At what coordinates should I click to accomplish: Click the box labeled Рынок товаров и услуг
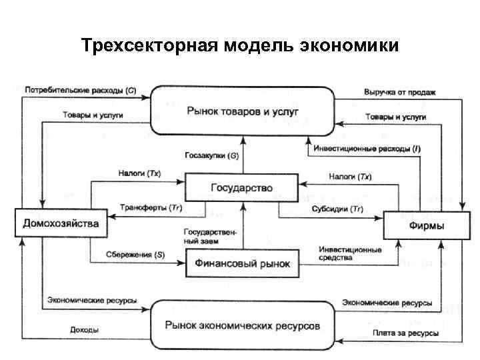pyautogui.click(x=243, y=110)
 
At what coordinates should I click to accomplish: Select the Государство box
pyautogui.click(x=241, y=188)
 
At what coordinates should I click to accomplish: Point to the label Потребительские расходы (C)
pyautogui.click(x=80, y=90)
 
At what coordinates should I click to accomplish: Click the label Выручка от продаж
pyautogui.click(x=399, y=92)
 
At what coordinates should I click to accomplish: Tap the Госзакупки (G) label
pyautogui.click(x=211, y=155)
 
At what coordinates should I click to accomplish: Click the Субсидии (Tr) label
pyautogui.click(x=337, y=209)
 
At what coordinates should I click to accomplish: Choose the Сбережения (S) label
pyautogui.click(x=135, y=254)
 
